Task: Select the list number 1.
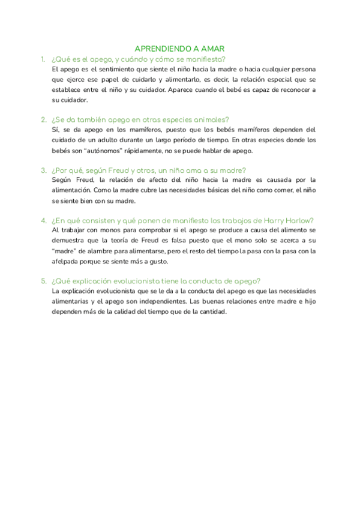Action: [43, 59]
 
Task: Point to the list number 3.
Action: [43, 170]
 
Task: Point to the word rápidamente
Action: [140, 151]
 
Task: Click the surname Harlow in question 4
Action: [300, 220]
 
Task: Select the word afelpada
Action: [67, 262]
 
